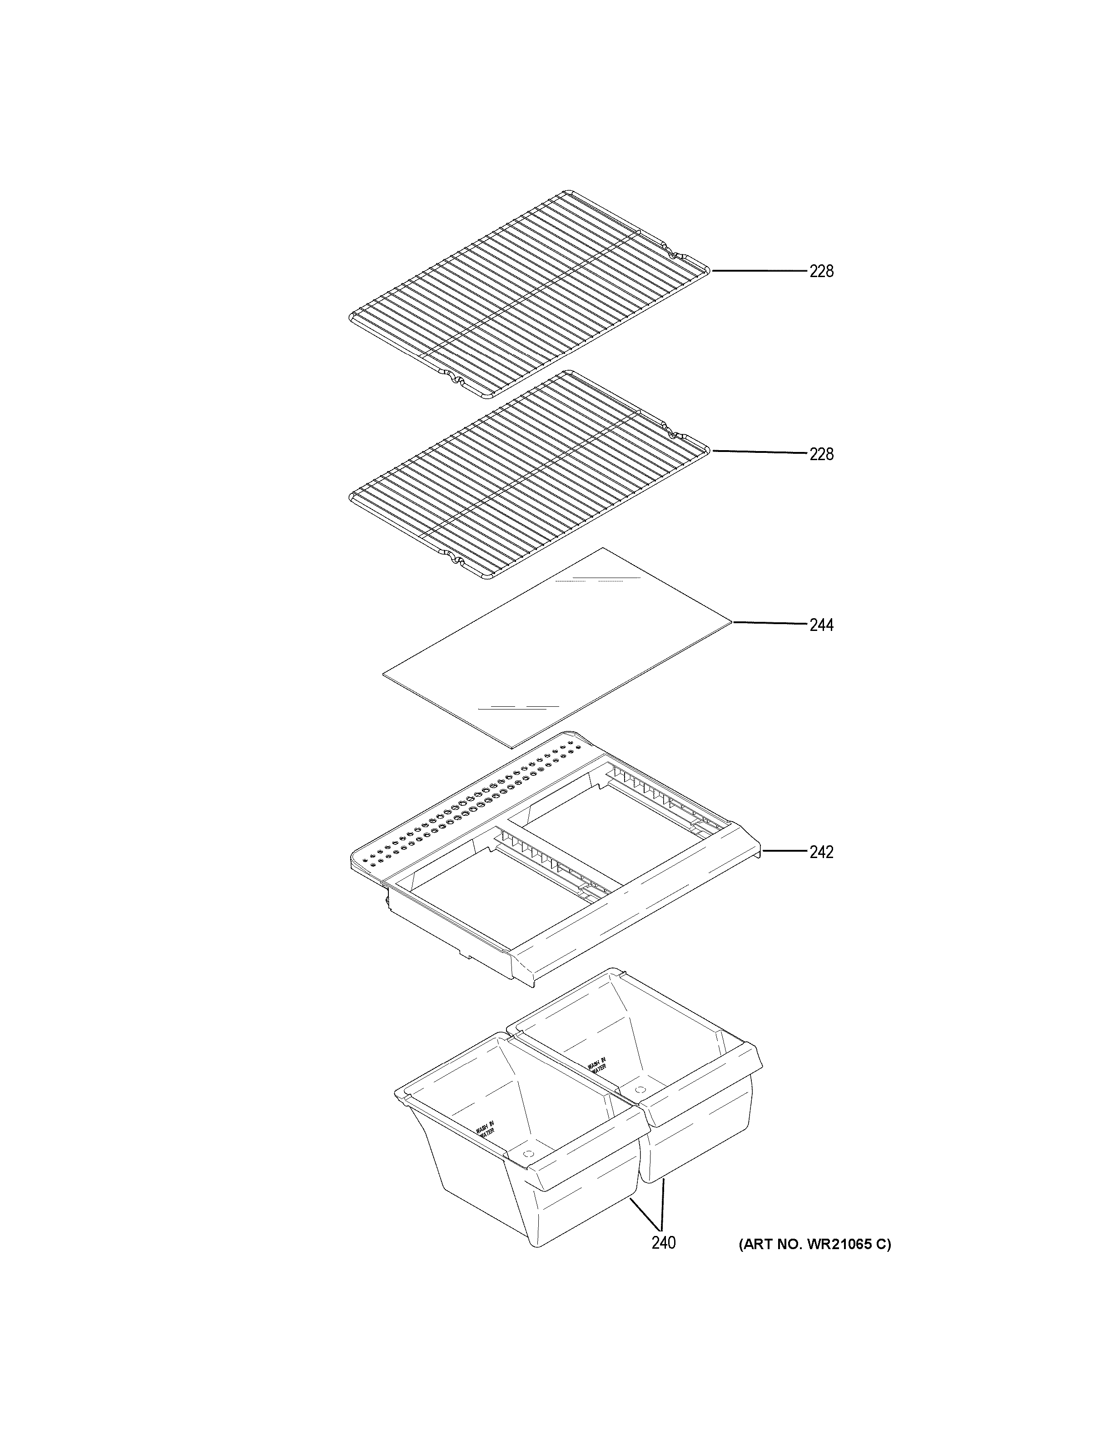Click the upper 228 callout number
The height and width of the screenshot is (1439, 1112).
click(x=821, y=272)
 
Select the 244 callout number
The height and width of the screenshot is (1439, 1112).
click(x=821, y=625)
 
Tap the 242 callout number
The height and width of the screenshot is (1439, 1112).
click(x=821, y=852)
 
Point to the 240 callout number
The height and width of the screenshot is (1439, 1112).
click(x=663, y=1243)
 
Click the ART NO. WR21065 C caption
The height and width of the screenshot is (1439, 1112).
click(x=814, y=1244)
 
